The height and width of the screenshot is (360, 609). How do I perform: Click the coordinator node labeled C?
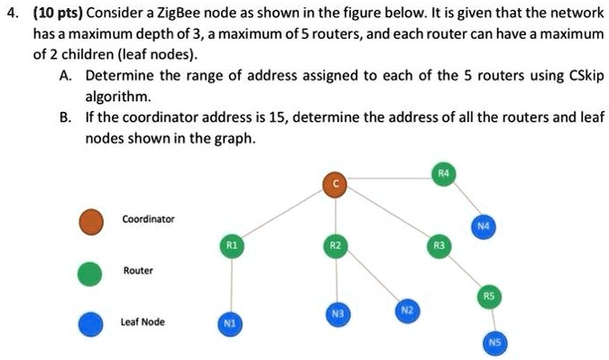(334, 184)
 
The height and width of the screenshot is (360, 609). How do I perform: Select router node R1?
(232, 245)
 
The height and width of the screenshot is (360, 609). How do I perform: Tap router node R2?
(335, 245)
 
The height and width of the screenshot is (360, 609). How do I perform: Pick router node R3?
(439, 245)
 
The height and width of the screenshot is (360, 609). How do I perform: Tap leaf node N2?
(408, 309)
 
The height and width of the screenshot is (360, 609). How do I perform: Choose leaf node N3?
(337, 314)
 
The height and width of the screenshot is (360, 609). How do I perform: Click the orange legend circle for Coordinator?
(90, 219)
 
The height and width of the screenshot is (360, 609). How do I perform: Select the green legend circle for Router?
(90, 271)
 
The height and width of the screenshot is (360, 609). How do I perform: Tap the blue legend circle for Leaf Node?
(90, 322)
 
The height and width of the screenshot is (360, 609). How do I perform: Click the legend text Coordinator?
(149, 219)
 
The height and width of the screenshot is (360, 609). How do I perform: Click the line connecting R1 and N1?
(232, 284)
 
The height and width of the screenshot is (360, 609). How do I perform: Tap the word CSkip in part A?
(578, 75)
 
